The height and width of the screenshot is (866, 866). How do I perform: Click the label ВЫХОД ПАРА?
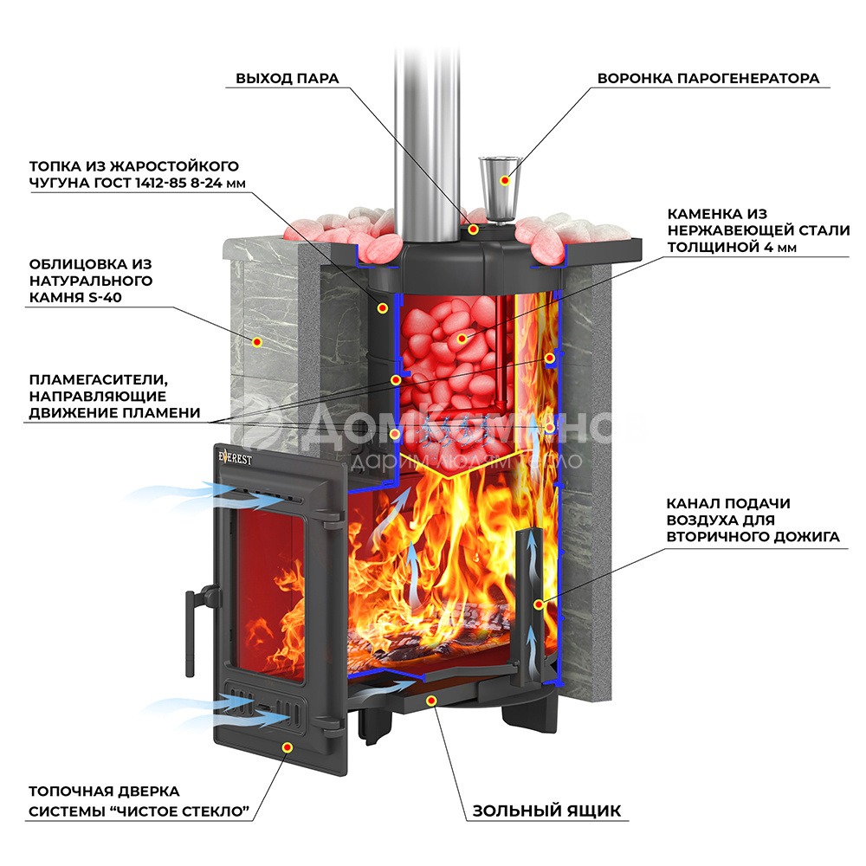[x=287, y=79]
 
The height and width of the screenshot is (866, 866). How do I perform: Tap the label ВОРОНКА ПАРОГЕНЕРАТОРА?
[x=708, y=79]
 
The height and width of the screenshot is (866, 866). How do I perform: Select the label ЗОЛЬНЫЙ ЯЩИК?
[x=546, y=811]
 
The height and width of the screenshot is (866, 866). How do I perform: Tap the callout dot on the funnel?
[x=503, y=180]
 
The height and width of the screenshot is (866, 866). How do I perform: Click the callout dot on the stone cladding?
[x=257, y=342]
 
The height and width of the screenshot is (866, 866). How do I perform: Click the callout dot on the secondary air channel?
[x=539, y=604]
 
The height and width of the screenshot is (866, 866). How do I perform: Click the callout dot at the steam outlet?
[x=473, y=229]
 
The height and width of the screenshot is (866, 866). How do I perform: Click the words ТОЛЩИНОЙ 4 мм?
[x=730, y=247]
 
